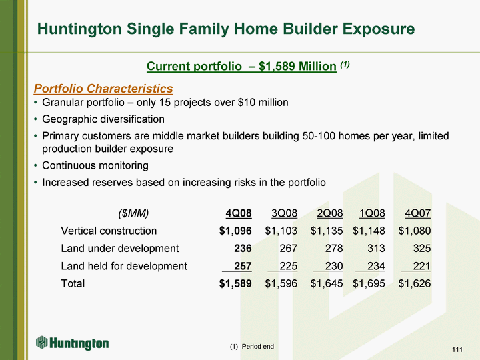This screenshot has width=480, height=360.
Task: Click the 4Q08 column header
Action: coord(239,213)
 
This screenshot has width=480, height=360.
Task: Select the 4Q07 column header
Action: coord(417,213)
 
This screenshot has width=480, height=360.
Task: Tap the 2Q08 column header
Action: coord(330,213)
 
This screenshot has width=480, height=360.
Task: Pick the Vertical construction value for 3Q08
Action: coord(281,231)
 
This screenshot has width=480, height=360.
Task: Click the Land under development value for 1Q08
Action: coord(376,248)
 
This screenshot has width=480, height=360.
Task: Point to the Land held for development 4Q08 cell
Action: coord(243,266)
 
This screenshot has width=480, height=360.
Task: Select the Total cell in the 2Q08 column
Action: coord(327,283)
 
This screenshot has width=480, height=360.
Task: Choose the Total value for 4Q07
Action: coord(415,283)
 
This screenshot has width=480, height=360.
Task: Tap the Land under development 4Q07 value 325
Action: coord(422,248)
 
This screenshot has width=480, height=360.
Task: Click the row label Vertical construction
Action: coord(109,231)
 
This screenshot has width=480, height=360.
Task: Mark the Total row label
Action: coord(73,283)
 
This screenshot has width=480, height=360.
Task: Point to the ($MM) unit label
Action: coord(133,213)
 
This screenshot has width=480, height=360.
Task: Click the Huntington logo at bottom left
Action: coord(72,343)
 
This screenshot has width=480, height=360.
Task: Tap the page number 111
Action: coord(457,349)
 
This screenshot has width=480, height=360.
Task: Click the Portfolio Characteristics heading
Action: coord(103,89)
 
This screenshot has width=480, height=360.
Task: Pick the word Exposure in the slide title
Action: coord(379,29)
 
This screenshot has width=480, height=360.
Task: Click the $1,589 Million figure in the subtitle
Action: coord(297,66)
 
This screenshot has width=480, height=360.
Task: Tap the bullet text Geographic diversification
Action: coord(103,119)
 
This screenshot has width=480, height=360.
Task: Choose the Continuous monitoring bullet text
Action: coord(95,165)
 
